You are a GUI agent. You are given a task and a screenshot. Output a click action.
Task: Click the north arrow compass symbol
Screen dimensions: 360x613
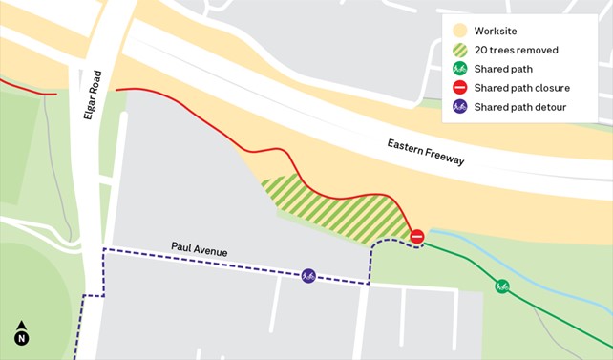21,333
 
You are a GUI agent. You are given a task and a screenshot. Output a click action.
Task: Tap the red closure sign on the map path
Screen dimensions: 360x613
416,236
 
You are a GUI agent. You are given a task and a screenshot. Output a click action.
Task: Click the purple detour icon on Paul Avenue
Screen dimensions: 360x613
308,275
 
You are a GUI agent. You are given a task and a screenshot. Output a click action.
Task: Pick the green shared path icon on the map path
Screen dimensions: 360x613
501,286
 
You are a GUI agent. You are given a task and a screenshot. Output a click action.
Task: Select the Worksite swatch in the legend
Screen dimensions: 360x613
459,32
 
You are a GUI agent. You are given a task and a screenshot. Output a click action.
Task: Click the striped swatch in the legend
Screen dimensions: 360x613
459,50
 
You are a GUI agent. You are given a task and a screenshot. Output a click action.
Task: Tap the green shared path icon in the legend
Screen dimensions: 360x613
459,69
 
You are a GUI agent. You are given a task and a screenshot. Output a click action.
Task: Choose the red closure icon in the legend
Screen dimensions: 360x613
459,88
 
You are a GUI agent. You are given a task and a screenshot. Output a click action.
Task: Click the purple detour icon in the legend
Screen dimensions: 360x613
459,107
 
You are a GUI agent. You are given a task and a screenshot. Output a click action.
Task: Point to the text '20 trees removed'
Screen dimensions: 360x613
516,50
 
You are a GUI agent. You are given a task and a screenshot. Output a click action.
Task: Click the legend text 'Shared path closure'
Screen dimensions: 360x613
521,88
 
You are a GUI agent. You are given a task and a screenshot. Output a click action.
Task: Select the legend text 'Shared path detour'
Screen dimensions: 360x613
520,107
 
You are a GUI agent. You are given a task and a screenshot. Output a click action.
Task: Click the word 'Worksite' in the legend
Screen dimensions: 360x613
496,32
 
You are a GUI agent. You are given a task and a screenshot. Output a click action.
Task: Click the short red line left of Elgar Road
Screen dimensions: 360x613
29,89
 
